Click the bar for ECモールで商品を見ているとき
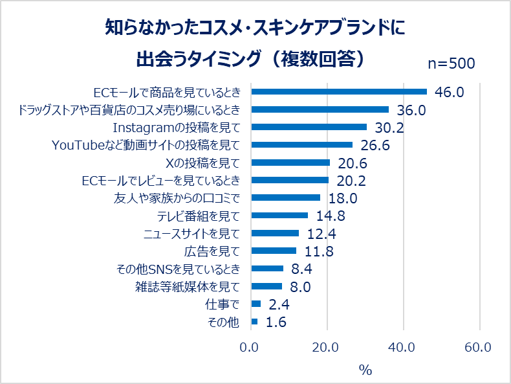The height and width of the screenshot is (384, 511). point(338,91)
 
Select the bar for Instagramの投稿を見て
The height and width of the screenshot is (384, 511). point(309,127)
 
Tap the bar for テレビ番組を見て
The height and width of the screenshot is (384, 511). point(279,216)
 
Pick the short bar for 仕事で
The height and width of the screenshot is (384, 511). point(255,304)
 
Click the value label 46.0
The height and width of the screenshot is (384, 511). point(450,92)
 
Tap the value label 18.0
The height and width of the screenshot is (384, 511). point(342,198)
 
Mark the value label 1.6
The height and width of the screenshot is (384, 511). point(276,322)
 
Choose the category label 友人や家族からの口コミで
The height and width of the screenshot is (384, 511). point(177,198)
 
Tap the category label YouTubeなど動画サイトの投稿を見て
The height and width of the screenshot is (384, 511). point(146,145)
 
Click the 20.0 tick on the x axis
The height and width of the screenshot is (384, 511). point(327,348)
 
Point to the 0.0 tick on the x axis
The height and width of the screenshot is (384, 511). point(250,348)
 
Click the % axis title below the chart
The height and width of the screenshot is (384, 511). point(365,370)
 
